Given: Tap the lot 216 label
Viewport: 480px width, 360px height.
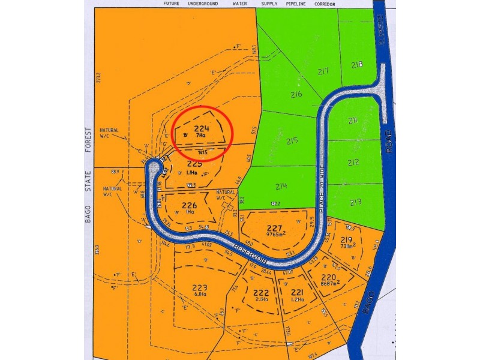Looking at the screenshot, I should click(296, 95).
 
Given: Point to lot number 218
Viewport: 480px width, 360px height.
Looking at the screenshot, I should click(358, 65).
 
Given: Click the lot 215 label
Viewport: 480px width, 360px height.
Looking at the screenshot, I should click(292, 142).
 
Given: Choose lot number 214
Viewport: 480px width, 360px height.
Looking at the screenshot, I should click(281, 186).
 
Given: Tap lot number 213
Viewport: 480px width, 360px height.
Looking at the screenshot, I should click(356, 202).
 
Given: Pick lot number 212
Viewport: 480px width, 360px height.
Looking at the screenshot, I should click(353, 162).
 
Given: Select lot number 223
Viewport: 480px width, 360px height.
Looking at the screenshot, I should click(200, 287).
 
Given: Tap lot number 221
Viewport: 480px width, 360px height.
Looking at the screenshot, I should click(297, 292).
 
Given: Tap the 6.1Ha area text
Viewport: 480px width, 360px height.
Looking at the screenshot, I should click(200, 295).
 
